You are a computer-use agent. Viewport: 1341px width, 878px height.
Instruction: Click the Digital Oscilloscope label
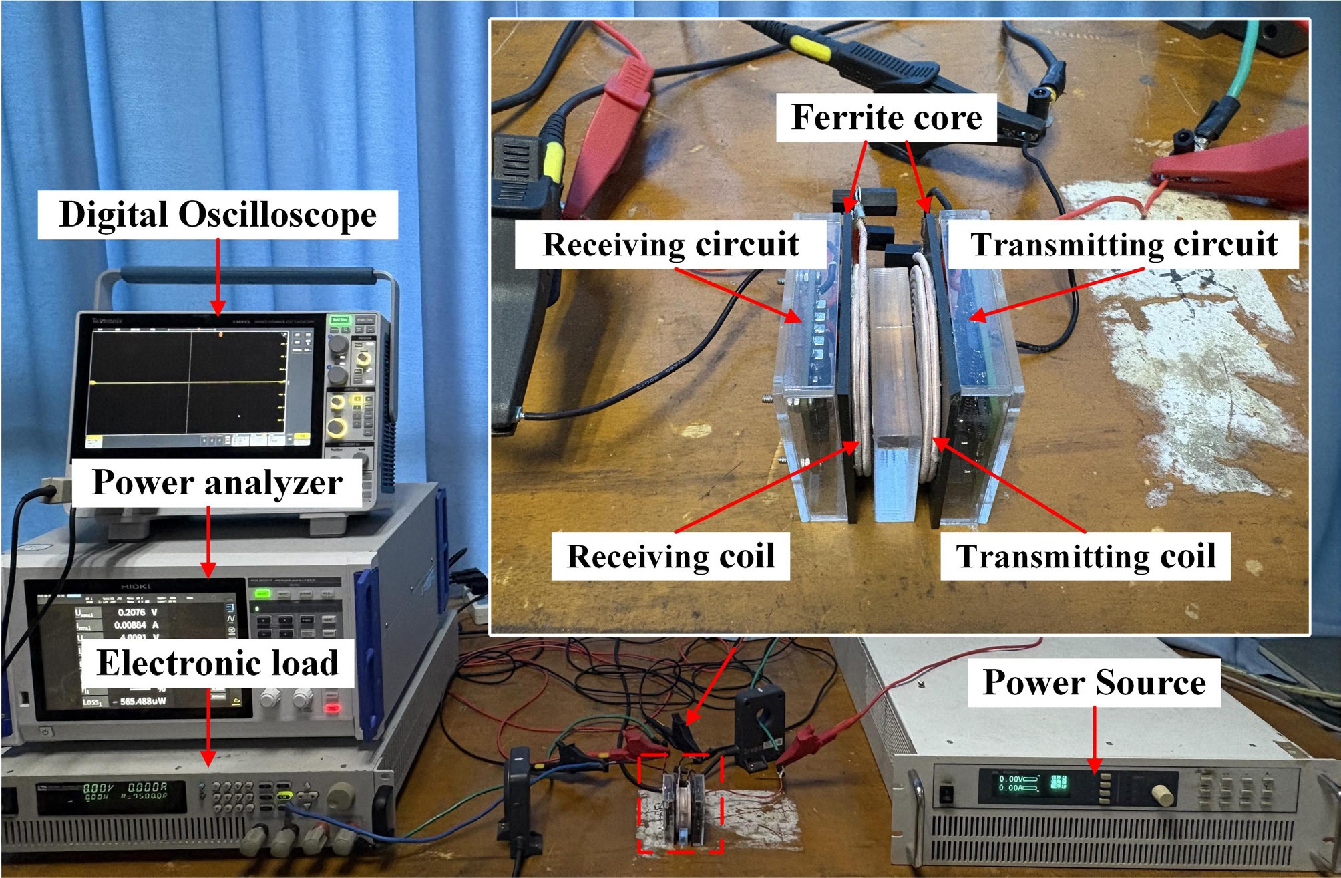pyautogui.click(x=218, y=215)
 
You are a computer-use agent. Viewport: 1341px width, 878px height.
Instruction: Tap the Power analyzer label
pyautogui.click(x=217, y=482)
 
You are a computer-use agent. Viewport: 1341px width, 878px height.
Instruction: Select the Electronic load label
pyautogui.click(x=218, y=663)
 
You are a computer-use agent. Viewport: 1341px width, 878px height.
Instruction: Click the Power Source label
pyautogui.click(x=1094, y=682)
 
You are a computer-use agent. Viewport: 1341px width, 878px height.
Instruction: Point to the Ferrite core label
pyautogui.click(x=886, y=118)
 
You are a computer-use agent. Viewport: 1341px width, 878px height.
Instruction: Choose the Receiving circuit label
pyautogui.click(x=670, y=244)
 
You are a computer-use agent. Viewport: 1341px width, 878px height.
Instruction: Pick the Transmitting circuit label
pyautogui.click(x=1124, y=244)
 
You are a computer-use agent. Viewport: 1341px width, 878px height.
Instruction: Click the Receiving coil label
pyautogui.click(x=670, y=556)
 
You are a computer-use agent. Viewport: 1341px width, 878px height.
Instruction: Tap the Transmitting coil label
pyautogui.click(x=1085, y=556)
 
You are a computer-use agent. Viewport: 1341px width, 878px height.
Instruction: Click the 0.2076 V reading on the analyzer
pyautogui.click(x=137, y=612)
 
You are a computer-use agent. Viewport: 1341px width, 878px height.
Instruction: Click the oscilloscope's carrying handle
pyautogui.click(x=247, y=273)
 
